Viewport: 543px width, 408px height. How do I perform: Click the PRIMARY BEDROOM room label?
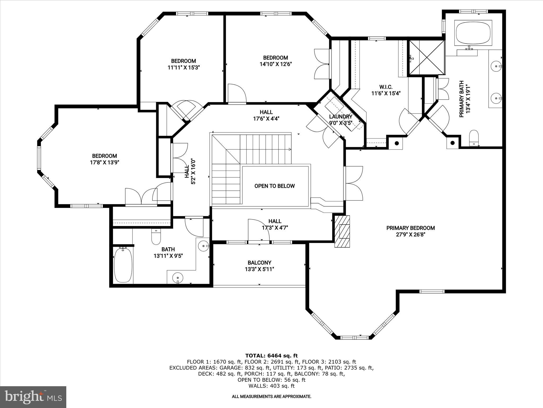coord(410,228)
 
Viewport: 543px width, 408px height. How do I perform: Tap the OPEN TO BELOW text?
coord(274,186)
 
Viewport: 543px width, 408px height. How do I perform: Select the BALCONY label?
coord(259,263)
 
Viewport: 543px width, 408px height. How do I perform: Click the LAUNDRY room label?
coord(340,117)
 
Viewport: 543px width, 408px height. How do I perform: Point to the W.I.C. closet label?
coord(386,87)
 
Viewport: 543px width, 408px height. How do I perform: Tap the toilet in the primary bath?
coord(474,138)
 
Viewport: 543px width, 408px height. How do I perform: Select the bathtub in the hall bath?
coord(123,265)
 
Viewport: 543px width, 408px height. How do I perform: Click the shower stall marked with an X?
coord(426,57)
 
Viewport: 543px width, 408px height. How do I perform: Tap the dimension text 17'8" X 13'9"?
coord(104,162)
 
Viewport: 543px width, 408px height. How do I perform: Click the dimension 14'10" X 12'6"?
coord(275,64)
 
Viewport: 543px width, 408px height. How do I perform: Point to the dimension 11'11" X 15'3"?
coord(183,67)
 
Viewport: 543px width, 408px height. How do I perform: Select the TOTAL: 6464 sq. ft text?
coord(271,356)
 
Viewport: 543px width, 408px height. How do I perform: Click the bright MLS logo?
coord(33,397)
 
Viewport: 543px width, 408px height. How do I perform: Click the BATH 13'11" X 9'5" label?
coord(168,253)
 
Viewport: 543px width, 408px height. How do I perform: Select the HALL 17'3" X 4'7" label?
coord(275,224)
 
